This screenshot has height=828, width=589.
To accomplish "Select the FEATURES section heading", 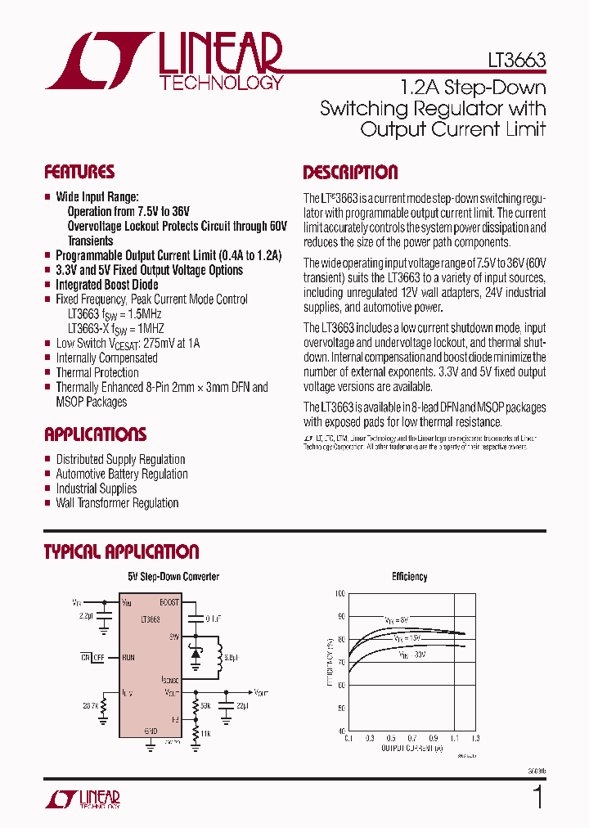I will tap(79, 172).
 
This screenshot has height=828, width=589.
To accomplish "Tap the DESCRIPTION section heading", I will tap(350, 173).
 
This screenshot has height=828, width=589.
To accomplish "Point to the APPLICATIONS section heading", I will tap(95, 434).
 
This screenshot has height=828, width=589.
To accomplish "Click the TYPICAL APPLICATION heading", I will tap(121, 552).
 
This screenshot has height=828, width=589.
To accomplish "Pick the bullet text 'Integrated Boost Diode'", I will tap(107, 285).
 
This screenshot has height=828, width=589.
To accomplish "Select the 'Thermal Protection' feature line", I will tap(97, 372).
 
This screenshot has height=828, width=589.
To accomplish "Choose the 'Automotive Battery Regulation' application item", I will tap(121, 474).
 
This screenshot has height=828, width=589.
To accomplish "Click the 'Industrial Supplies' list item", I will tap(96, 488).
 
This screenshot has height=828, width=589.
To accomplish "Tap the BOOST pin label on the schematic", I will tap(169, 602).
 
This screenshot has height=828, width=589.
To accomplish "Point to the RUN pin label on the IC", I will tap(127, 657).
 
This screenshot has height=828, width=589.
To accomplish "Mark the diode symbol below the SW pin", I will tap(196, 655).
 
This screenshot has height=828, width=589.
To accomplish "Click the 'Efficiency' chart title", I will tap(409, 577).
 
